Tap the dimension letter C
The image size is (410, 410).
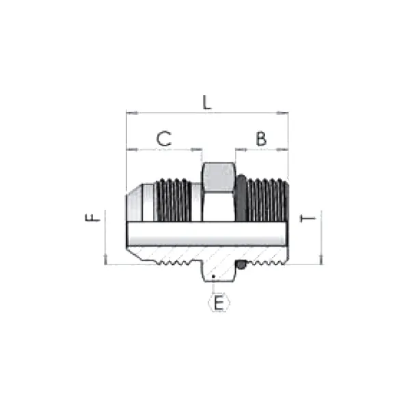click(x=164, y=139)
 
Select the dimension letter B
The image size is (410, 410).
click(x=261, y=139)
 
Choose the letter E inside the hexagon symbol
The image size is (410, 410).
click(x=219, y=303)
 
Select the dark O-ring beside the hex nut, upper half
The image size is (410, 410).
click(x=241, y=198)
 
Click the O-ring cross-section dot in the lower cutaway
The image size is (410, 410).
click(x=241, y=264)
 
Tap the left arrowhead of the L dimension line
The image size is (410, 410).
click(x=130, y=112)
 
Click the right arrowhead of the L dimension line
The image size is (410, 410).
click(x=285, y=112)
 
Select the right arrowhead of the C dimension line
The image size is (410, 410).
click(x=199, y=149)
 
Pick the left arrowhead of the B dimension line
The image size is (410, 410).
click(x=238, y=149)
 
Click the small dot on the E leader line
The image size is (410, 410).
click(x=213, y=277)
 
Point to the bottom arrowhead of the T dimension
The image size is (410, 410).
click(x=320, y=261)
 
